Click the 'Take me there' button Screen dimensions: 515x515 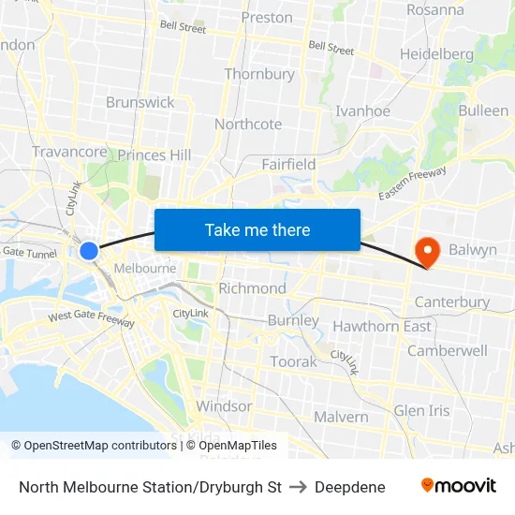pos(257,229)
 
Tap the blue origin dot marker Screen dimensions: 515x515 pos(89,250)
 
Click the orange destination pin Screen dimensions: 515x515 pos(427,251)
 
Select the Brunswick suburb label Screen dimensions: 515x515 pos(140,102)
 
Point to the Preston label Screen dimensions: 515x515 pos(267,17)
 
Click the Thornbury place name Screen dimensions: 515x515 pos(259,74)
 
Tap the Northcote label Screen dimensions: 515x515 pos(248,124)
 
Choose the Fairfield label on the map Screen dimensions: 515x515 pos(288,164)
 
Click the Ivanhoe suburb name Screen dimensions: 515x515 pos(363,110)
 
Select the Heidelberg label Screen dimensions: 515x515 pos(436,53)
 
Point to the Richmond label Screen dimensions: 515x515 pos(252,287)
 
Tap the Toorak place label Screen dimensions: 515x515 pos(293,361)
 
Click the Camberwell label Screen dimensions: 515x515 pos(448,350)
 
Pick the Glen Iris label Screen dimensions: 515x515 pos(421,410)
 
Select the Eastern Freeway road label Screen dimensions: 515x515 pos(413,182)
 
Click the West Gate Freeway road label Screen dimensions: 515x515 pos(92,318)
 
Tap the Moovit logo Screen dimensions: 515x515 pos(459,486)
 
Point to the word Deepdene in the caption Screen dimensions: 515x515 pos(350,487)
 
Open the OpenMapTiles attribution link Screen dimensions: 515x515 pos(231,446)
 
